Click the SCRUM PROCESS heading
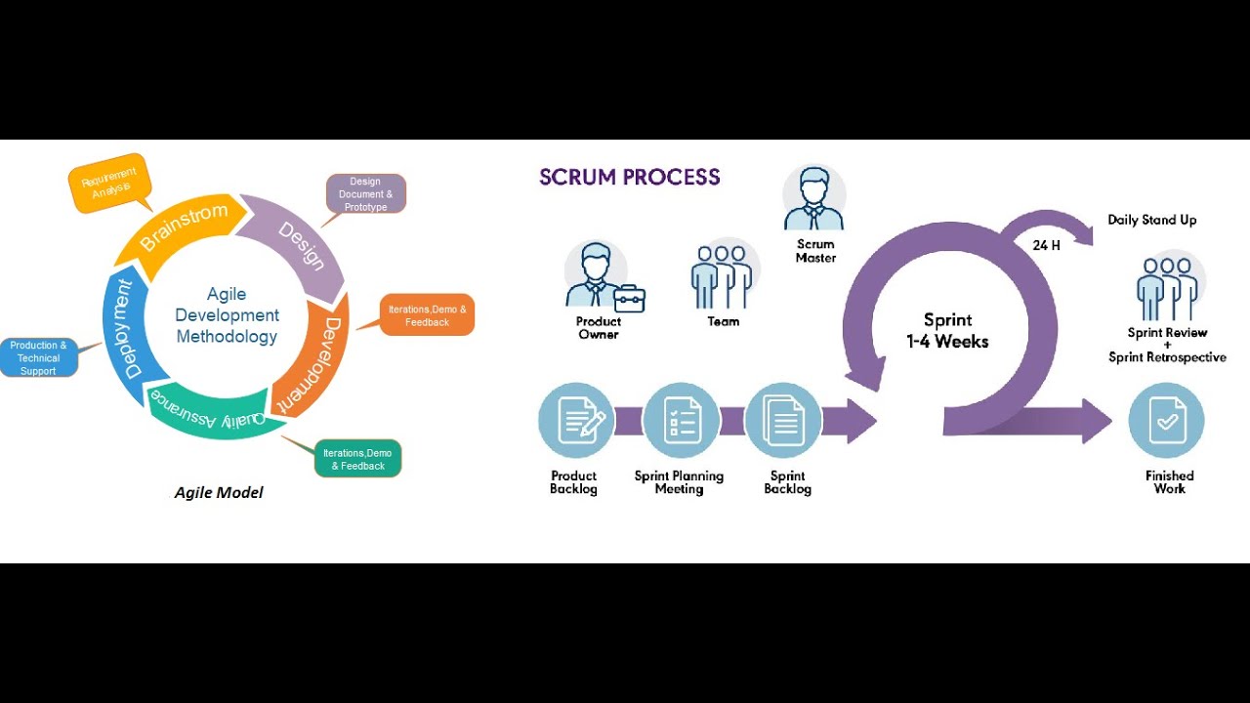[x=629, y=177]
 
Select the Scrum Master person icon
[x=813, y=197]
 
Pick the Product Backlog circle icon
[x=576, y=421]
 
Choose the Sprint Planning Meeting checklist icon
[x=681, y=421]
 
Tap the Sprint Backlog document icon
[x=783, y=421]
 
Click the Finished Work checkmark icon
[x=1166, y=421]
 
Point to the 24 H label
[x=1046, y=245]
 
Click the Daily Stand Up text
[x=1151, y=220]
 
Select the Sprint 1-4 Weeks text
[x=947, y=331]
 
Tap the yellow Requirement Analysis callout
[x=109, y=183]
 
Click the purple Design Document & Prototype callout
[x=365, y=193]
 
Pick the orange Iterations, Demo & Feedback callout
[x=427, y=315]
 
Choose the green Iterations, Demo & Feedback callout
[x=357, y=459]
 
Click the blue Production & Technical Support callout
[x=38, y=357]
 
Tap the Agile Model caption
[x=219, y=492]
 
